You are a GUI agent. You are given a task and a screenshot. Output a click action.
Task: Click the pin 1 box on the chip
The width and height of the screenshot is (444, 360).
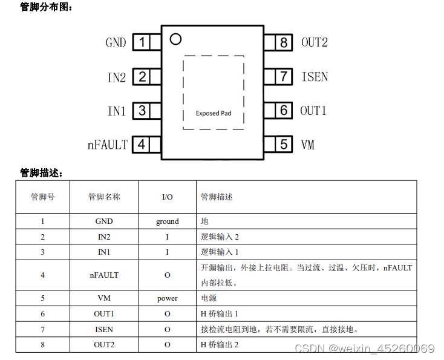pyautogui.click(x=142, y=42)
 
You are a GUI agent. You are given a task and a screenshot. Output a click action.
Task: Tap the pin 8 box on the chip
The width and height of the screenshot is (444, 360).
pyautogui.click(x=283, y=42)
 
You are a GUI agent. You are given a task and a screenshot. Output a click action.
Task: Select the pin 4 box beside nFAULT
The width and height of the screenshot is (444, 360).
pyautogui.click(x=142, y=145)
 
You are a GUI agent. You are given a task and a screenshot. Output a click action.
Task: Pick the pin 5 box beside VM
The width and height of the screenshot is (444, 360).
pyautogui.click(x=284, y=145)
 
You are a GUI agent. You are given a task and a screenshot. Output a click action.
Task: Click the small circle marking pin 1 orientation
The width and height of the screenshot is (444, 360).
pyautogui.click(x=175, y=39)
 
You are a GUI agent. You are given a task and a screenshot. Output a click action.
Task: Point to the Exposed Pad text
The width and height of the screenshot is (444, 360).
pyautogui.click(x=214, y=113)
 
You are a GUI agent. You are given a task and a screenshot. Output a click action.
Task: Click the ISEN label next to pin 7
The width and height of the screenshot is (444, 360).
pyautogui.click(x=315, y=77)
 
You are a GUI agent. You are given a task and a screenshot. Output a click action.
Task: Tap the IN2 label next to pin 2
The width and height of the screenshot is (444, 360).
pyautogui.click(x=117, y=77)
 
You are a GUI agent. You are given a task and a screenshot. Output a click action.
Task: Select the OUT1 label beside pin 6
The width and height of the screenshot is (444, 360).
pyautogui.click(x=313, y=111)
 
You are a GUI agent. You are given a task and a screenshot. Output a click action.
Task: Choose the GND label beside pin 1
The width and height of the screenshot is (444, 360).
pyautogui.click(x=116, y=43)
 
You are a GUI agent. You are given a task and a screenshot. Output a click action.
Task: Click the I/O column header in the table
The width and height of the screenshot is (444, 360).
pyautogui.click(x=168, y=197)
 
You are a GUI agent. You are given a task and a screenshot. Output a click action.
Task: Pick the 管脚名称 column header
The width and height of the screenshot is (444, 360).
pyautogui.click(x=104, y=197)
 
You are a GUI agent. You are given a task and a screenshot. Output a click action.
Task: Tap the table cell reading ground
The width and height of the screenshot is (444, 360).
pyautogui.click(x=168, y=221)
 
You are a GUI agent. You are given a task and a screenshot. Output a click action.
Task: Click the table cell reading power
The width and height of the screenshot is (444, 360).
pyautogui.click(x=168, y=298)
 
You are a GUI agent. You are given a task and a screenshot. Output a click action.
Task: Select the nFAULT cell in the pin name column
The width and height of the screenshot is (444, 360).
pyautogui.click(x=104, y=275)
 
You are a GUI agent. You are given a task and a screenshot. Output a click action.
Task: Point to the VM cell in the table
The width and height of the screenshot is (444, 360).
pyautogui.click(x=104, y=298)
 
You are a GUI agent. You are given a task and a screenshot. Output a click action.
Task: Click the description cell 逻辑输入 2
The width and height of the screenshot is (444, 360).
pyautogui.click(x=220, y=237)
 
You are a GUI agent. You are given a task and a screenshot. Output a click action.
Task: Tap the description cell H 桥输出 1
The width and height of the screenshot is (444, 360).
pyautogui.click(x=219, y=314)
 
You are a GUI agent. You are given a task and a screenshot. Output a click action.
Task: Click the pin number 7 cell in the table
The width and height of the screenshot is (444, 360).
pyautogui.click(x=42, y=329)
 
